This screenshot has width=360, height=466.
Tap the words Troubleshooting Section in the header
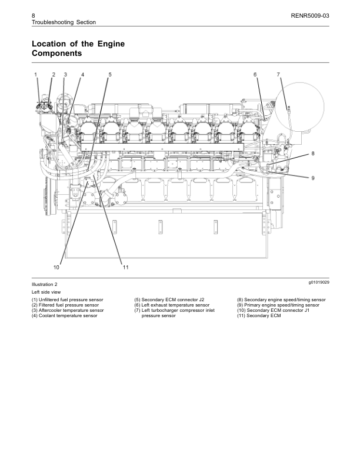point(63,22)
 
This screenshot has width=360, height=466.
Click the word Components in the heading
point(56,54)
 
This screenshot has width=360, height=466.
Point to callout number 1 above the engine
point(36,74)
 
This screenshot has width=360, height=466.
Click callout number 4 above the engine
point(82,74)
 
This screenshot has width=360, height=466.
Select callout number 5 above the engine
point(109,74)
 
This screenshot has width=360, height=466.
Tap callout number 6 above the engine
point(255,74)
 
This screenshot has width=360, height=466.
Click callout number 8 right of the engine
point(313,154)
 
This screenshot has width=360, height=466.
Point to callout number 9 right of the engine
point(313,178)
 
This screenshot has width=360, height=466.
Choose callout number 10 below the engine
point(56,267)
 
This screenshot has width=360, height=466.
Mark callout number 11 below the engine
point(125,267)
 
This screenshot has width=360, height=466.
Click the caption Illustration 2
point(45,284)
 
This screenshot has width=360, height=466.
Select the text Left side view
point(46,292)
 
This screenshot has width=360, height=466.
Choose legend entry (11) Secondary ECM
point(259,316)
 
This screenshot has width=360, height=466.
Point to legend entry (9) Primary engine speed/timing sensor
point(278,305)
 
